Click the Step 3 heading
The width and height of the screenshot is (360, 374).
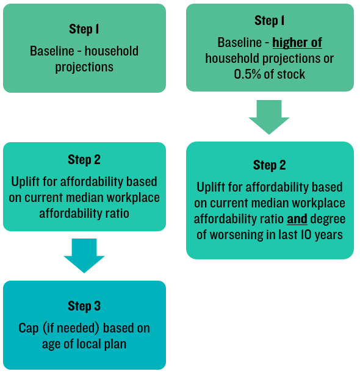click(84, 306)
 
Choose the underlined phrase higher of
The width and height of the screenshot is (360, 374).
click(297, 43)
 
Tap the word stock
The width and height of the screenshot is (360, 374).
click(290, 74)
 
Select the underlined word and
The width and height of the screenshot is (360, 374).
click(297, 218)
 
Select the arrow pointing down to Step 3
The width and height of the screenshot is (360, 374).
click(84, 255)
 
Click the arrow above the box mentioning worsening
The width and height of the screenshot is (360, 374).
click(269, 117)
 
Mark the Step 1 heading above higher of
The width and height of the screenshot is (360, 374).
click(269, 21)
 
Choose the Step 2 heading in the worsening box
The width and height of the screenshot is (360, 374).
click(269, 165)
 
